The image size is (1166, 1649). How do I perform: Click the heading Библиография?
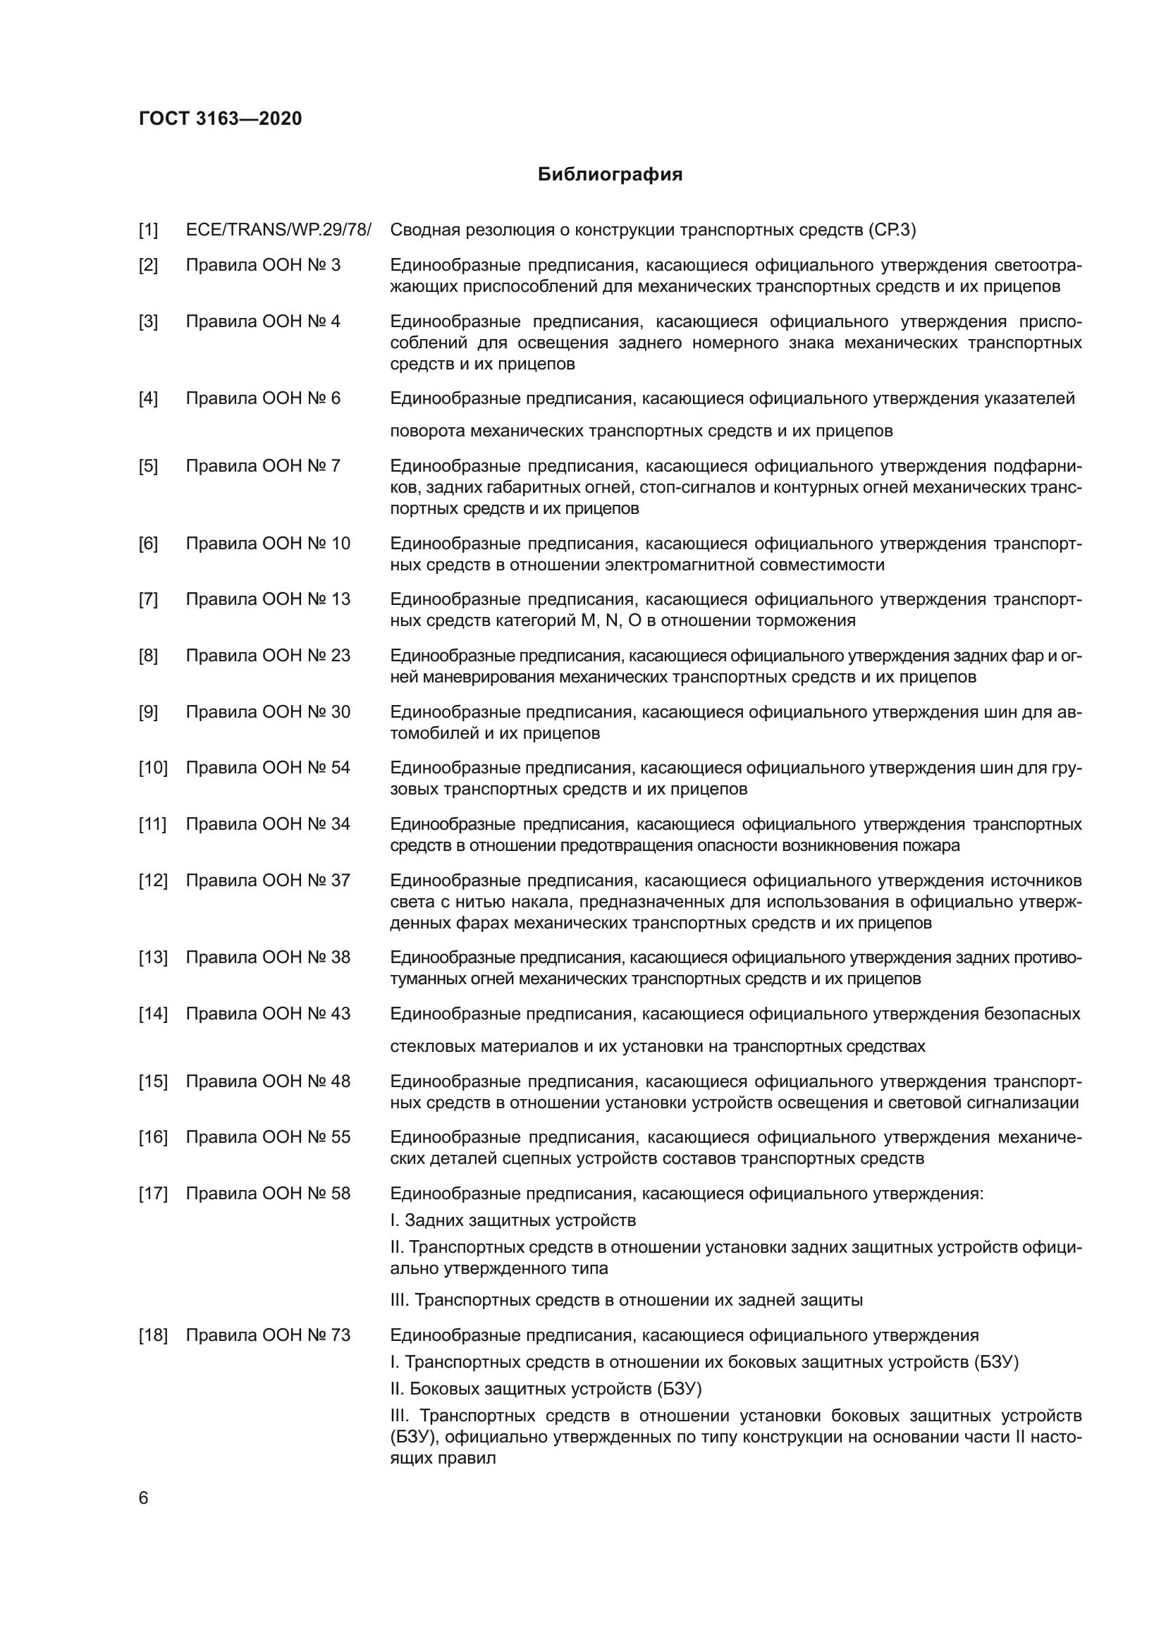610,175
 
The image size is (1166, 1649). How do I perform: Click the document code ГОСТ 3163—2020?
221,118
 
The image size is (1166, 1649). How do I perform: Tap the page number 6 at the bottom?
144,1498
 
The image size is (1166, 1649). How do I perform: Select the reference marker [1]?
148,231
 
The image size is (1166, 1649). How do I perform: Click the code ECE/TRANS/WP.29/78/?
278,231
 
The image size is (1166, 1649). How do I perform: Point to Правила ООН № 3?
264,265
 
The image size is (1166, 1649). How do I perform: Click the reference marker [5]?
148,466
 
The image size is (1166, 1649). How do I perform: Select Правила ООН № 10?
268,544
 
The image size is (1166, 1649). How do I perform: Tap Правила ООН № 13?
268,599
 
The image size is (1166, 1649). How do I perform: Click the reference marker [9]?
148,712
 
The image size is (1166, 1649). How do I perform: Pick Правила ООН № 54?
268,768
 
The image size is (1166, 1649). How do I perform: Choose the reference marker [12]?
153,881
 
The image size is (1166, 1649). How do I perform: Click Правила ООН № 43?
268,1014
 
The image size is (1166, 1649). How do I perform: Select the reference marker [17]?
153,1194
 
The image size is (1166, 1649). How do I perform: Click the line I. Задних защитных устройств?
513,1220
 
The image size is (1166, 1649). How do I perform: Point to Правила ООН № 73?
268,1335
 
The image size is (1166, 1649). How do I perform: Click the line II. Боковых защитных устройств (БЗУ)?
546,1388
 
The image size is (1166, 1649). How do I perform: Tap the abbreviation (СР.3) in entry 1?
892,231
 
